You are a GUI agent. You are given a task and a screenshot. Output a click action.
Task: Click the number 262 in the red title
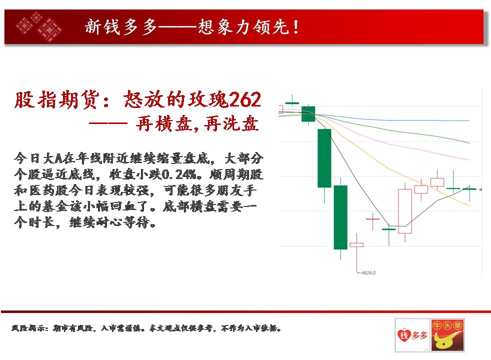pos(245,100)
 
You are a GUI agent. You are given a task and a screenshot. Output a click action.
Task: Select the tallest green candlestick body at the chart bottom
pos(340,217)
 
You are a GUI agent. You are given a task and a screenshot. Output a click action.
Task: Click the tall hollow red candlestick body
pos(405,211)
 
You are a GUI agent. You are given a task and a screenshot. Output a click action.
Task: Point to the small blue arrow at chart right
pos(480,189)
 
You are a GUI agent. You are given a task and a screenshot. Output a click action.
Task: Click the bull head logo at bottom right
pos(447,335)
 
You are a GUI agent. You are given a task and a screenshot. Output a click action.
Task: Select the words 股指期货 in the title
pos(56,100)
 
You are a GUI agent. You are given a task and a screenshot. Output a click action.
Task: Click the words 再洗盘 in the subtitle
pos(231,123)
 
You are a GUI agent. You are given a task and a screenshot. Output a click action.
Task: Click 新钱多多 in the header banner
pos(120,26)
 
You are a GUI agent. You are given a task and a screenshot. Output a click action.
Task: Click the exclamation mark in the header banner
pos(296,26)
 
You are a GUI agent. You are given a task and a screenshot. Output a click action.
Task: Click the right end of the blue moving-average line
pos(469,120)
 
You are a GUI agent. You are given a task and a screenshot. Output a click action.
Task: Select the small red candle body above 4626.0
pos(356,245)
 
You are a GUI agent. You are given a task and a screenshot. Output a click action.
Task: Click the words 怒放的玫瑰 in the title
pos(176,100)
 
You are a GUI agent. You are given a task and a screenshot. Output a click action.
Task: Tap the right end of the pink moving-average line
pos(469,159)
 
